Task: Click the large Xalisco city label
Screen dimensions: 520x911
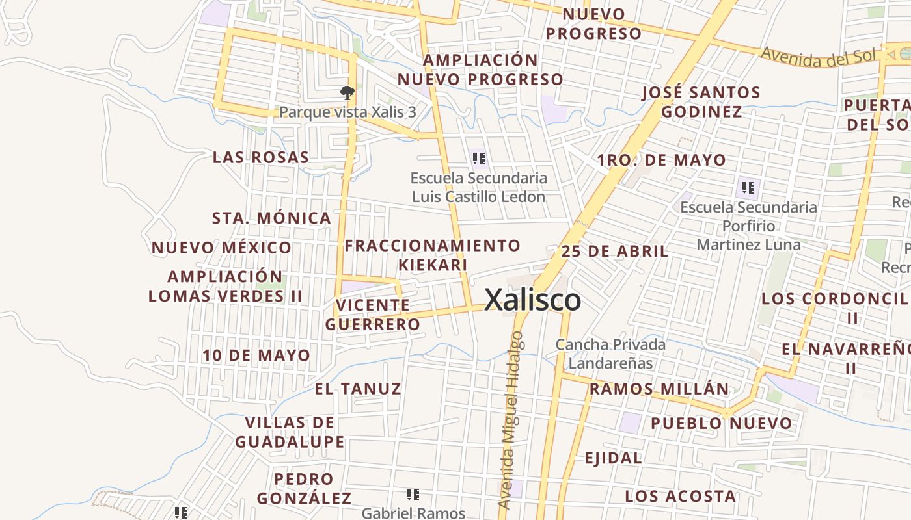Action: coord(533,300)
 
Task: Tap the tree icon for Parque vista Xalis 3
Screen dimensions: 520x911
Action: coord(347,93)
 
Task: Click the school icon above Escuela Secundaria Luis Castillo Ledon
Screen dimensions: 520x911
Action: coord(479,158)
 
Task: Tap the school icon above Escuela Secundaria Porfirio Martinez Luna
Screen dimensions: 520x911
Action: coord(748,188)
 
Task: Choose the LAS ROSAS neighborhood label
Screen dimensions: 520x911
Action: coord(261,157)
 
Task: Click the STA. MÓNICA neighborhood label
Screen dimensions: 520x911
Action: coord(271,218)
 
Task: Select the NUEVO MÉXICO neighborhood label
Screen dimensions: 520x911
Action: coord(221,248)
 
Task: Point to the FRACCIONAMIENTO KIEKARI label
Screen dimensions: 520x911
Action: coord(433,255)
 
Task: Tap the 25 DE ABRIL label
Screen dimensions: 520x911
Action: coord(614,252)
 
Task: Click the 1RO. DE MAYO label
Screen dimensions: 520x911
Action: coord(661,160)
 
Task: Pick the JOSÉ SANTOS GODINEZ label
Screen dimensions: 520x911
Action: coord(701,102)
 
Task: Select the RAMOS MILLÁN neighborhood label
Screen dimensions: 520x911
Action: coord(659,389)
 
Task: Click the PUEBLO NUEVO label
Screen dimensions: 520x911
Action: coord(722,424)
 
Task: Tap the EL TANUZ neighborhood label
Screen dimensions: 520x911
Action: coord(358,389)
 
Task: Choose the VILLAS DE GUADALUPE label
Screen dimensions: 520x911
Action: coord(290,432)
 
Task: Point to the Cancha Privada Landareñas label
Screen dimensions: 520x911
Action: coord(610,354)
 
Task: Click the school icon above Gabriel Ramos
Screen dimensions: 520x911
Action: coord(413,495)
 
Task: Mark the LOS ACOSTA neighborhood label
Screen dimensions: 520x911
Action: coord(681,497)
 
